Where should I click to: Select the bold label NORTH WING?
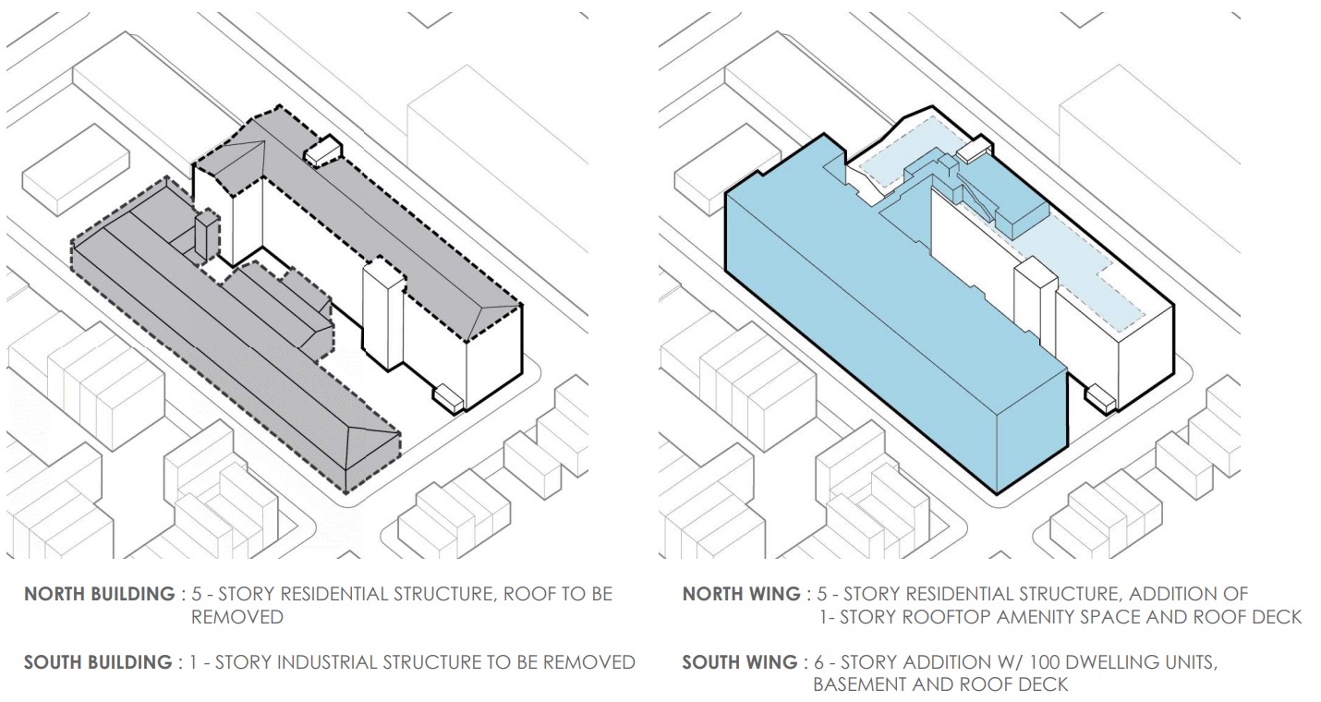click(741, 594)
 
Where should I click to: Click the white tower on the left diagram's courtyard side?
click(382, 314)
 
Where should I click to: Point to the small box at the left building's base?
click(449, 398)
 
